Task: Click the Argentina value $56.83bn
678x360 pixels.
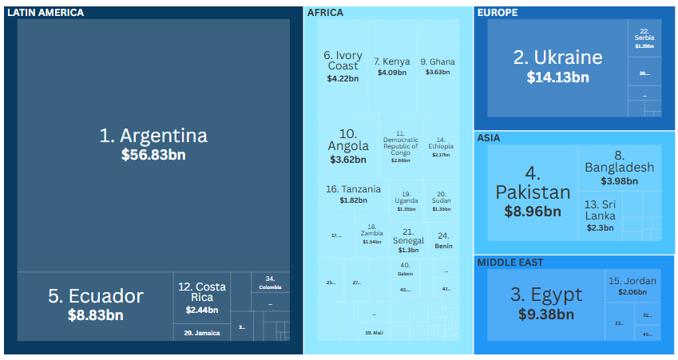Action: (x=153, y=155)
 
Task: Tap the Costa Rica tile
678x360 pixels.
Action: (x=201, y=297)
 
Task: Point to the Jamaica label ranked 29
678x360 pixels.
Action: (x=201, y=333)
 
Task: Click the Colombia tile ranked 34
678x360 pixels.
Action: (x=270, y=283)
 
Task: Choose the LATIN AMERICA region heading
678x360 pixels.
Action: (x=45, y=12)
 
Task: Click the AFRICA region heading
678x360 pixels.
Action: (x=325, y=12)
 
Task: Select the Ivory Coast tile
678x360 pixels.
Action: (x=343, y=66)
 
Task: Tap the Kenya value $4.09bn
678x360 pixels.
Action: (x=391, y=73)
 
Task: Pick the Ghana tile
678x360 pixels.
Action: (x=438, y=66)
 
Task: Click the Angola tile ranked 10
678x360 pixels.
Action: (x=348, y=146)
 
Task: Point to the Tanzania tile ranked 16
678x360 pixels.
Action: (x=353, y=194)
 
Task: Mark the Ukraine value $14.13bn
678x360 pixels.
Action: (x=557, y=77)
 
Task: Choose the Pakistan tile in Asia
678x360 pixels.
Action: (x=533, y=192)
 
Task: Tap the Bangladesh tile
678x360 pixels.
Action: (x=619, y=168)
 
